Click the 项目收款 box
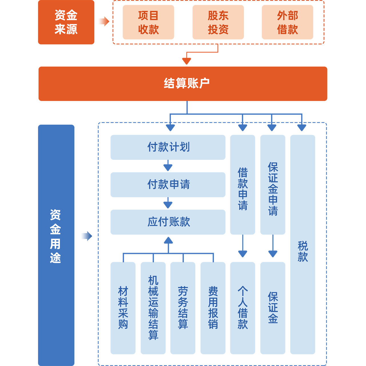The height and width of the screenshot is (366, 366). click(148, 23)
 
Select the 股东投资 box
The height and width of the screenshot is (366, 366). click(218, 23)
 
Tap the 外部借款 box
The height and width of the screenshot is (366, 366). click(287, 23)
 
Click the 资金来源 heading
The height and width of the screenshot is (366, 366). click(66, 22)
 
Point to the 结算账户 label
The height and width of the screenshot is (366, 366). click(186, 83)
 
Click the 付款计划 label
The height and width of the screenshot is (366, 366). click(169, 147)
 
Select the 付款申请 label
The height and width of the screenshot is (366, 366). click(169, 184)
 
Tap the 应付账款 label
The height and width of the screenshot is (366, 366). click(169, 222)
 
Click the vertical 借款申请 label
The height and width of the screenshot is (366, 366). click(243, 189)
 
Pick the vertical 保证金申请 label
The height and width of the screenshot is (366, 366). click(273, 189)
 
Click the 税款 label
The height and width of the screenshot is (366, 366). click(303, 252)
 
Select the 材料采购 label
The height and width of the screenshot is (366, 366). click(123, 308)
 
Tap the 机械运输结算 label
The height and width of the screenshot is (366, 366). click(153, 308)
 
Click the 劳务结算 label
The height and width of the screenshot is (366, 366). click(183, 308)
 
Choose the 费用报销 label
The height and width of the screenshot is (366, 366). click(213, 308)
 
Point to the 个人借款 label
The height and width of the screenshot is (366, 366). click(243, 308)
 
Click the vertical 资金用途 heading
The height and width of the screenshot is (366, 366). click(55, 236)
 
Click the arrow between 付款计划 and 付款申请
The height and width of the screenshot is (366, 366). click(168, 166)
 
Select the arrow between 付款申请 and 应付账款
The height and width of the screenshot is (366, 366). click(168, 203)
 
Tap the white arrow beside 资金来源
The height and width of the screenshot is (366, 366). click(103, 21)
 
